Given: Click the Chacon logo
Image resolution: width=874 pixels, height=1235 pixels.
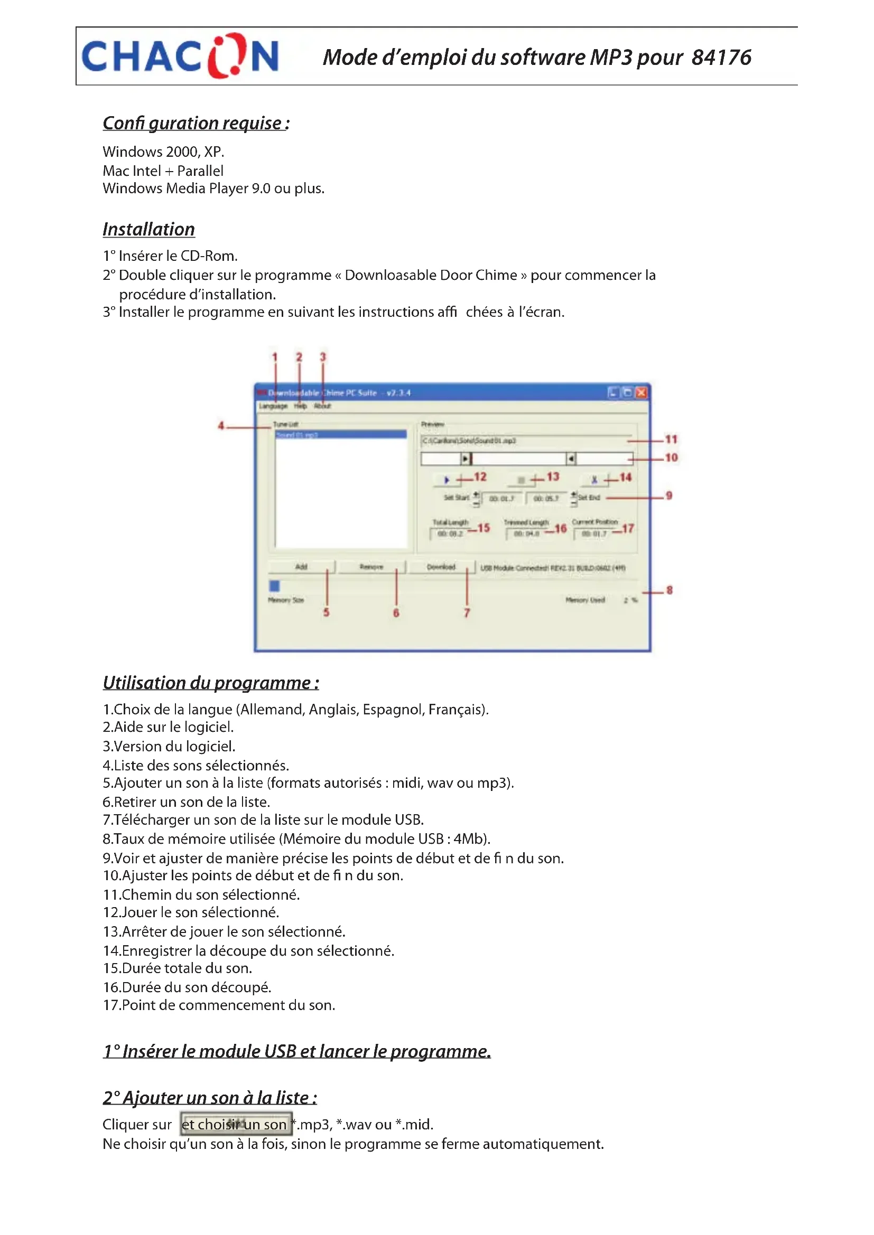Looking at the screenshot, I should click(180, 56).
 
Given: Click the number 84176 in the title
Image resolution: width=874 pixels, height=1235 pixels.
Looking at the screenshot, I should click(721, 58).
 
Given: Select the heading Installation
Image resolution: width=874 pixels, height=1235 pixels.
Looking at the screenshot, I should click(148, 229).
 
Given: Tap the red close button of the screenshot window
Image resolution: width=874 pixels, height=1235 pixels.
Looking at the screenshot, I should click(641, 393).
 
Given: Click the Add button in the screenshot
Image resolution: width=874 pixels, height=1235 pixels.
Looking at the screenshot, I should click(301, 567).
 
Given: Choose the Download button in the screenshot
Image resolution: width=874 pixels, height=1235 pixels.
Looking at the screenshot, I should click(441, 567).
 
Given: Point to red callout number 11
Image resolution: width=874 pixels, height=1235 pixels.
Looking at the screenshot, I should click(671, 439).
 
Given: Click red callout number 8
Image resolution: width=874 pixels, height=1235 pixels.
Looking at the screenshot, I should click(670, 590).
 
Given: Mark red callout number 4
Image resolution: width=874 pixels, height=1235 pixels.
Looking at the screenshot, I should click(221, 426).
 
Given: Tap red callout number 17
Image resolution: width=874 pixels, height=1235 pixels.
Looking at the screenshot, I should click(628, 528).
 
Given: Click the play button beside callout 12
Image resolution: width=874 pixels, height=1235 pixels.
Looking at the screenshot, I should click(446, 480).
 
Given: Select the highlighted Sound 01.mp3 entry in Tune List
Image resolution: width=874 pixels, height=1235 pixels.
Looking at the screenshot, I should click(340, 434).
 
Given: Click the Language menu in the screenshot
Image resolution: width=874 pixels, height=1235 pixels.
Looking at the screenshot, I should click(273, 406).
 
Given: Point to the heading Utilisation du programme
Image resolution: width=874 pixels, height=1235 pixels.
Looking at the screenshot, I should click(210, 683).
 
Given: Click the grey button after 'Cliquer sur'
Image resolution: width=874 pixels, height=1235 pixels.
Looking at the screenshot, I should click(236, 1124).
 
